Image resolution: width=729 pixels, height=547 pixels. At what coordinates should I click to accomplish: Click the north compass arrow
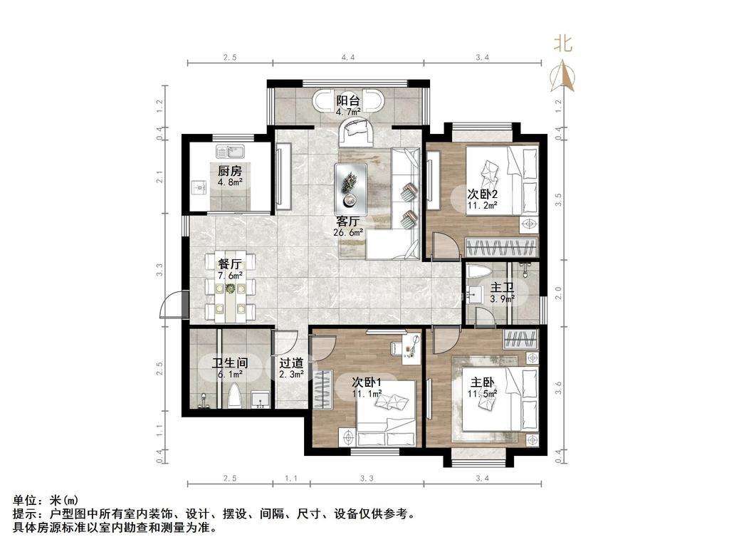(563, 75)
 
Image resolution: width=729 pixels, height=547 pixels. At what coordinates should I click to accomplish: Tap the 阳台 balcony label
(348, 100)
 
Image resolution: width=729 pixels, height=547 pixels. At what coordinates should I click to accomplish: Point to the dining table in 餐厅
(230, 289)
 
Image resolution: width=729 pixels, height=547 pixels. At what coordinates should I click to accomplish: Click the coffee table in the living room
(351, 187)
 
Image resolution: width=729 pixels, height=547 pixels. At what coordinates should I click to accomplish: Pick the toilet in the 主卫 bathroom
(477, 274)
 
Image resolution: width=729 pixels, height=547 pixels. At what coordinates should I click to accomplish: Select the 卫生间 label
(229, 363)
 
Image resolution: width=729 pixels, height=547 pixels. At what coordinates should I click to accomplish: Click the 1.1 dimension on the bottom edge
(290, 477)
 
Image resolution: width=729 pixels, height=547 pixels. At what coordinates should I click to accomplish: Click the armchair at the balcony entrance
(355, 132)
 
